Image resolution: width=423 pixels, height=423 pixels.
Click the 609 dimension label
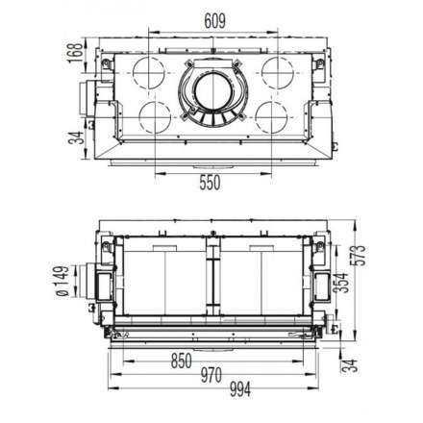pos(214,21)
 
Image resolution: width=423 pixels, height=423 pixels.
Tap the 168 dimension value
pos(76,53)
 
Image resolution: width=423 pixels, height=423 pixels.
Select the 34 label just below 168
pos(76,137)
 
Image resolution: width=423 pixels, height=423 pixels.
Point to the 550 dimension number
pos(210,183)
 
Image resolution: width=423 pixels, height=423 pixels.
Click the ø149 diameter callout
pos(62,281)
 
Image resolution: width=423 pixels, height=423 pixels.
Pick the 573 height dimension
pos(358,255)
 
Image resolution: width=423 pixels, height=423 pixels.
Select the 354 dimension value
pos(341,283)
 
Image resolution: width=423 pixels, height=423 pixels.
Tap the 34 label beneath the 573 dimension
pos(349,365)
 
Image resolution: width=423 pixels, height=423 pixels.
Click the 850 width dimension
pos(182,361)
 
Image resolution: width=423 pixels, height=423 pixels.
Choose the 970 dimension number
pos(211,375)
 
